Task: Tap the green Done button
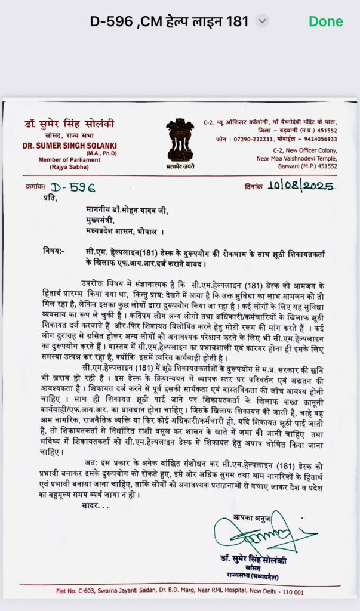tap(325, 21)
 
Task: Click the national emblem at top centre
tap(180, 140)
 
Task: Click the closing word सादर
tap(93, 505)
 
